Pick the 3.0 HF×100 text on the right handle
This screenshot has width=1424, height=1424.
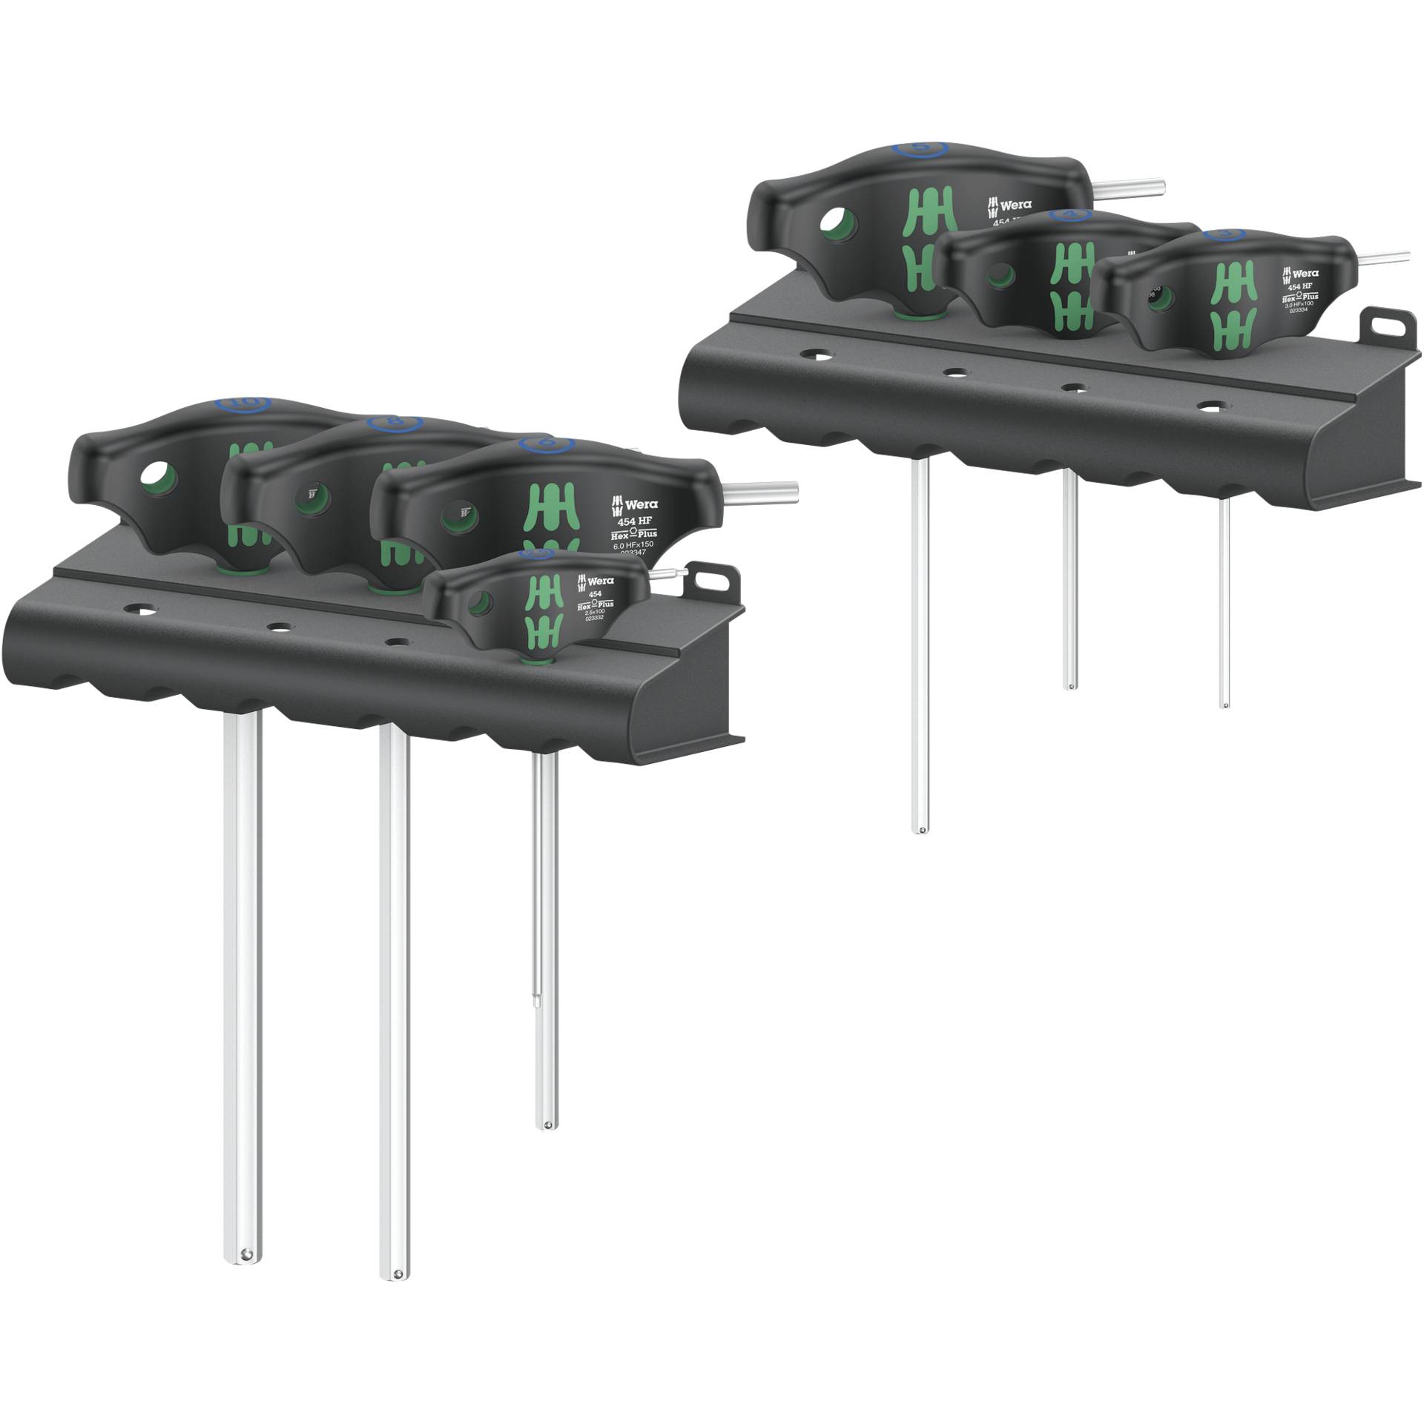[x=1303, y=303]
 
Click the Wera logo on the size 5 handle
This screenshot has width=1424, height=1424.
[x=1009, y=204]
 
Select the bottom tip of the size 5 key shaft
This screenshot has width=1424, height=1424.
[x=920, y=830]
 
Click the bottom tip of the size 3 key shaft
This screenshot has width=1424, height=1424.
[x=1224, y=704]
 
